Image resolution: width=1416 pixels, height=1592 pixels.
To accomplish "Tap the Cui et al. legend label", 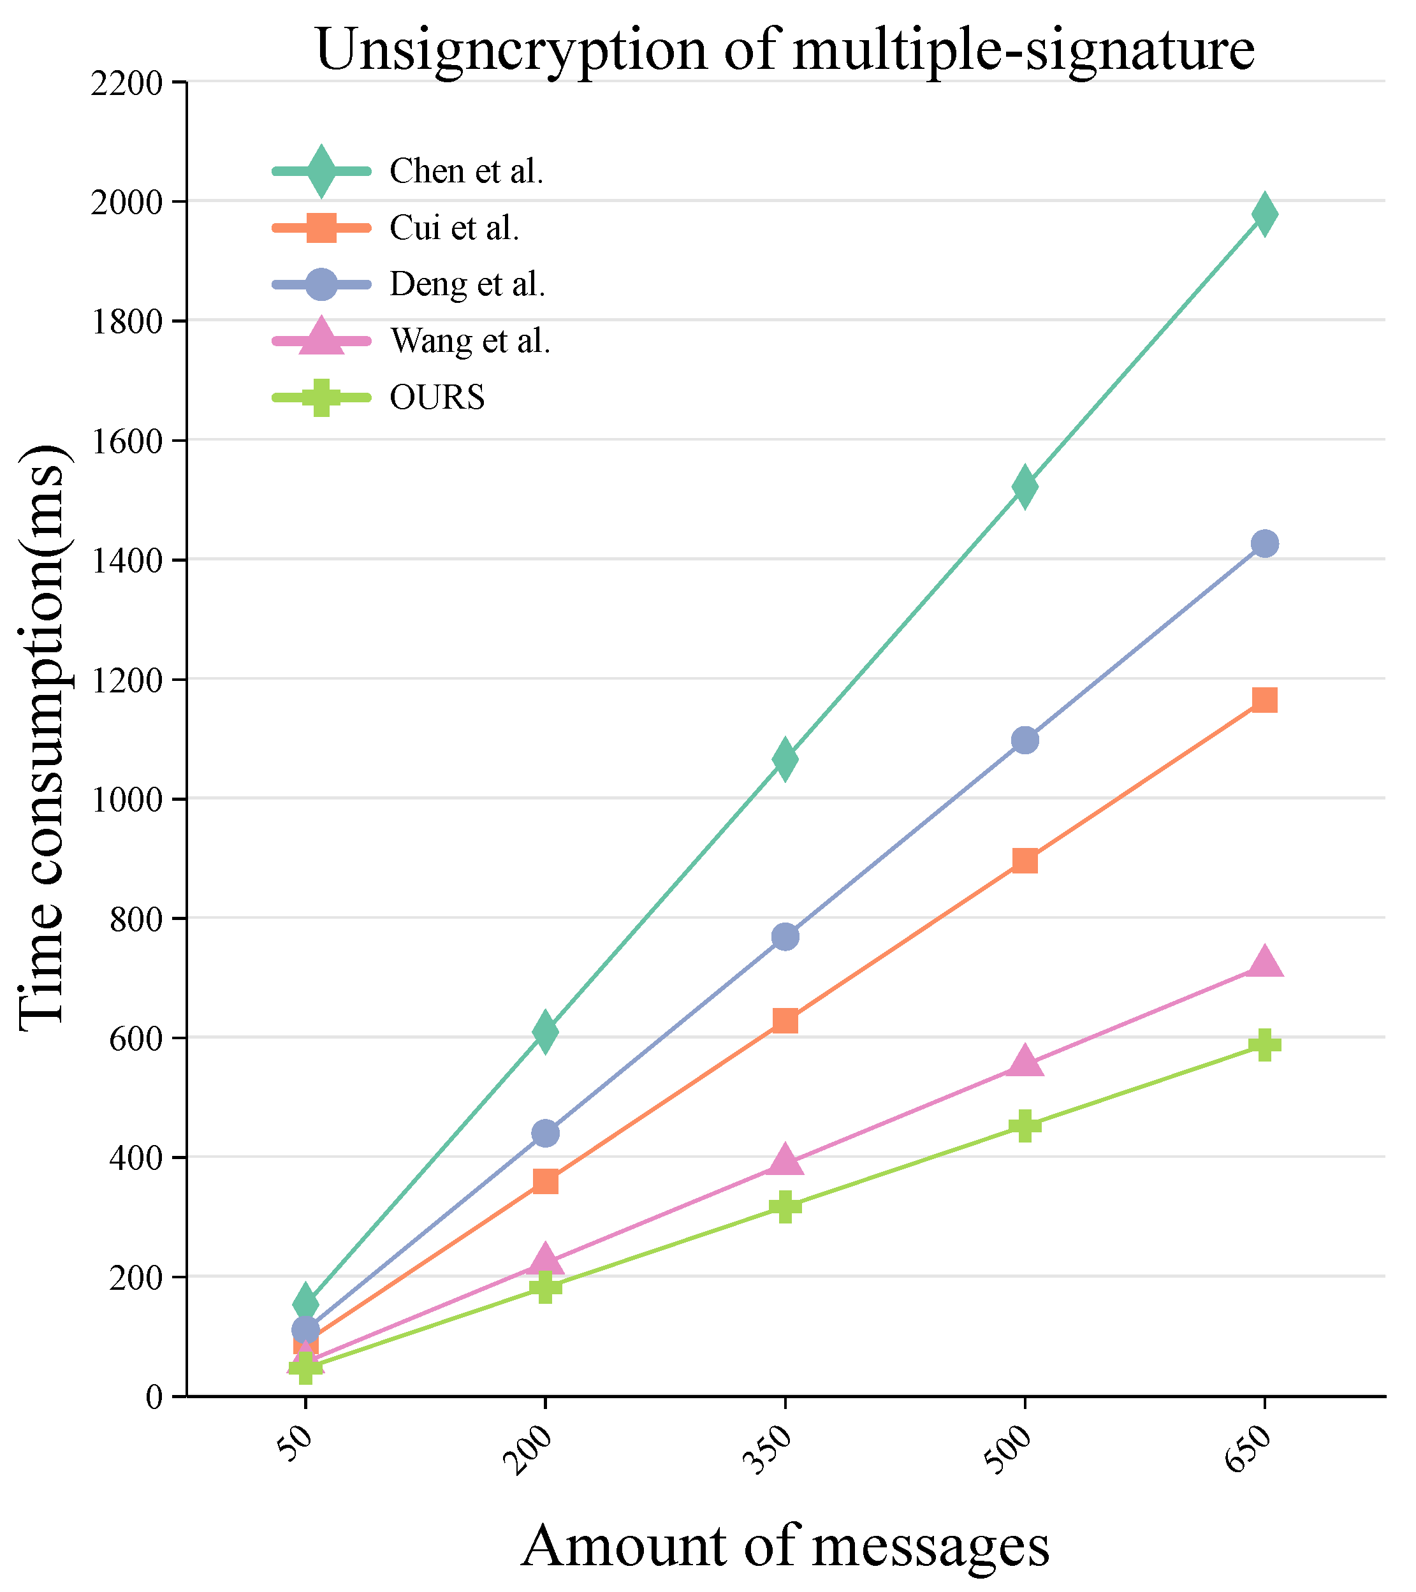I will tap(454, 228).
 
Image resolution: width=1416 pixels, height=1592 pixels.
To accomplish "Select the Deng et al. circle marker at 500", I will tap(1025, 740).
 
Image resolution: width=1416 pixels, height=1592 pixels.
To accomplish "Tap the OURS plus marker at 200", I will tap(545, 1286).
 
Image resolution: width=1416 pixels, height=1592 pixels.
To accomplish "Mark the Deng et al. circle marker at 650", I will tap(1264, 544).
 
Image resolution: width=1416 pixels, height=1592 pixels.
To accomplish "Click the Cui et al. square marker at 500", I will tap(1025, 861).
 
